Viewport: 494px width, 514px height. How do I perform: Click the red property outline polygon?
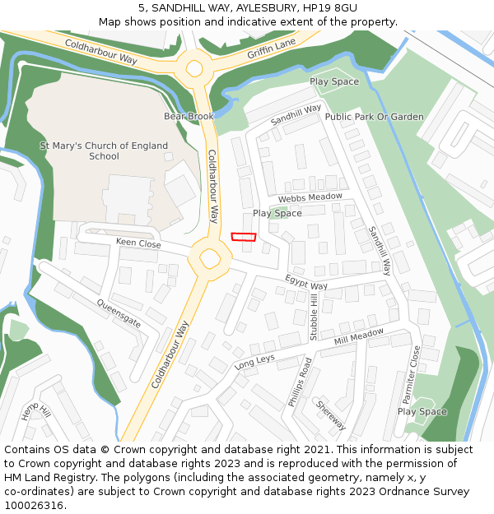244,237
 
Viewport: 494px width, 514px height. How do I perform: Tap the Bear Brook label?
189,117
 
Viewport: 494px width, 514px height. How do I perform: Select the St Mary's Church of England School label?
104,151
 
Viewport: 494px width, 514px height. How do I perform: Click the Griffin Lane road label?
271,51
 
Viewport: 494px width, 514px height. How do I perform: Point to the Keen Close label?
138,243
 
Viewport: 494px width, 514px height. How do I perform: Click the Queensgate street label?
119,313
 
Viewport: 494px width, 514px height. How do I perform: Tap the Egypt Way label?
306,282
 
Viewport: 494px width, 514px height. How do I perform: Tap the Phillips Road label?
300,382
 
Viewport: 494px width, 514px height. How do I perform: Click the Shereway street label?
331,415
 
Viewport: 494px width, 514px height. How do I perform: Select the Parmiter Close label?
411,374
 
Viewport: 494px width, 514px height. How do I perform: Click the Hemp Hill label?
36,413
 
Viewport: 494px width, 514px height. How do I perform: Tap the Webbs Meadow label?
310,198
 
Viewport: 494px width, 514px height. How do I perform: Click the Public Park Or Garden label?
374,117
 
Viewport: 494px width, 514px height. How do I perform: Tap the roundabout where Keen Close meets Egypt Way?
209,258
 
